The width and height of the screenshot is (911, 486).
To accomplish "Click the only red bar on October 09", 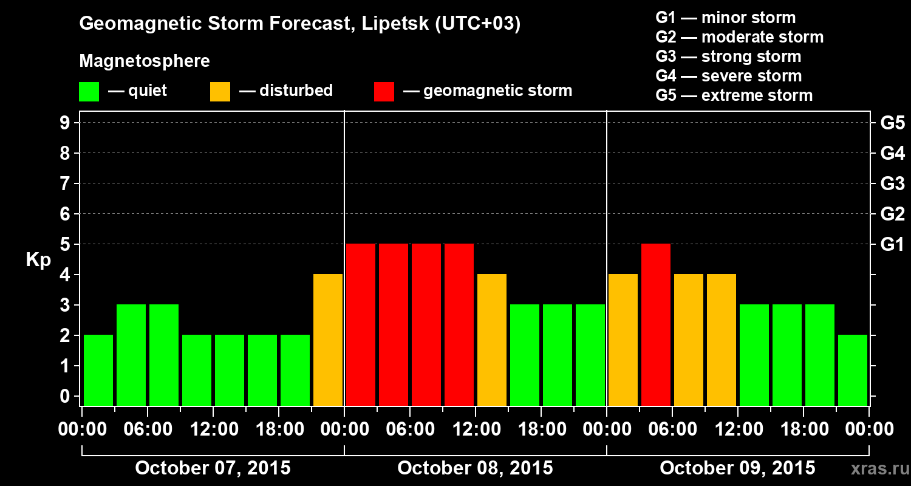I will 656,324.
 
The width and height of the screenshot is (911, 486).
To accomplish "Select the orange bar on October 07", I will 328,340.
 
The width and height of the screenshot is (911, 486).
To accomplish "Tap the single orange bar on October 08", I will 492,340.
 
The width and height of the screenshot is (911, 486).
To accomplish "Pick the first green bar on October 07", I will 98,370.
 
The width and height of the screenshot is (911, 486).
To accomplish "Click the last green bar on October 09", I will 853,370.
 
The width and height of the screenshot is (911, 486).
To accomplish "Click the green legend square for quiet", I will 89,92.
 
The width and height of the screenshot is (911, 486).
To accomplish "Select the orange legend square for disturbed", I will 220,92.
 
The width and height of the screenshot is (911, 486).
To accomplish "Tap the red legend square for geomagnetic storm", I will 384,92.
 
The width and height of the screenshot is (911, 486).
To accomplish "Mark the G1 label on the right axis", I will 892,245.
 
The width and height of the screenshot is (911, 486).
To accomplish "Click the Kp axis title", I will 38,260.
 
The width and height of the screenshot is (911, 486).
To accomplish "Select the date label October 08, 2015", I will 475,468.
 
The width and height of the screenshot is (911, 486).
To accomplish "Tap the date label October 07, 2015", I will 213,468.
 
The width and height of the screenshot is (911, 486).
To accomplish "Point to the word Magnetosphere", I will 145,61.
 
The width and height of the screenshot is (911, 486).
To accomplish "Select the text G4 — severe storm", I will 728,76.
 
